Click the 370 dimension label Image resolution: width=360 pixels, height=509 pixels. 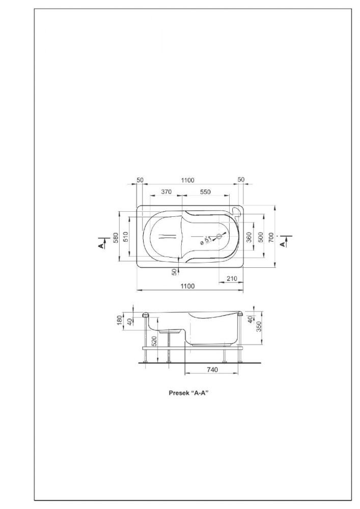pos(166,192)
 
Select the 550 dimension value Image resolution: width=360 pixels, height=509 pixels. pos(205,192)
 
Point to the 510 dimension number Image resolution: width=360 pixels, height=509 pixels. pos(126,237)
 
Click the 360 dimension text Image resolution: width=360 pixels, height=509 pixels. pos(249,237)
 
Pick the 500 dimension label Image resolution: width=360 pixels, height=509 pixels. pos(260,237)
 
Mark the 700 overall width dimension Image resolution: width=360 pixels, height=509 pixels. pos(271,237)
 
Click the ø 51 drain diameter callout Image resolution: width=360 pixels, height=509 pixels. pos(206,241)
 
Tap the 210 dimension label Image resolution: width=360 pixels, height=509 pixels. pos(232,278)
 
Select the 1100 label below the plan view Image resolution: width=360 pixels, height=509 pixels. pos(187,286)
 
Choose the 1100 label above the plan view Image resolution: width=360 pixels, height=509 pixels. pos(187,180)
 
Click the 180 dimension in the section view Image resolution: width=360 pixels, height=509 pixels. pos(120,320)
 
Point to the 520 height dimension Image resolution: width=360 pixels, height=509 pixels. pos(154,341)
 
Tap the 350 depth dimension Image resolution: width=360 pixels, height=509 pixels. pos(259,327)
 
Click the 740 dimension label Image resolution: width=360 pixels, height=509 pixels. pos(212,370)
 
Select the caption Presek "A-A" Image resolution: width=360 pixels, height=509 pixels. pos(188,393)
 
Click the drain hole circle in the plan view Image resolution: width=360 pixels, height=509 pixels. pos(218,237)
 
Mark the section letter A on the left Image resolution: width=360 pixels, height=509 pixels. pos(102,246)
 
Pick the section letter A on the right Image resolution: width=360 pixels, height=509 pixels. pos(283,244)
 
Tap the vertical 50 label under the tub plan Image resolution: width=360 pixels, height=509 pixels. pos(174,272)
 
